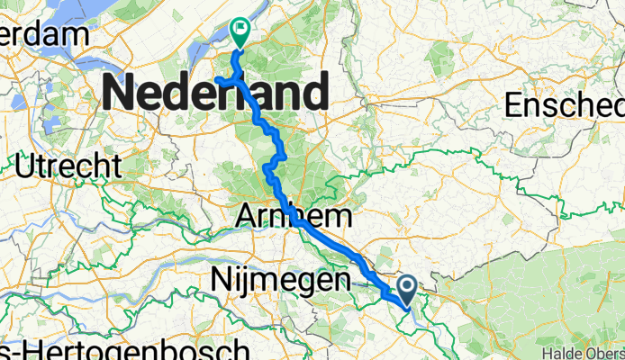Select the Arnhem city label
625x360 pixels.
pyautogui.click(x=295, y=216)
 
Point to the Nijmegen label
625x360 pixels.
pyautogui.click(x=280, y=281)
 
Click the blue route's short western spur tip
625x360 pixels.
pyautogui.click(x=217, y=80)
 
